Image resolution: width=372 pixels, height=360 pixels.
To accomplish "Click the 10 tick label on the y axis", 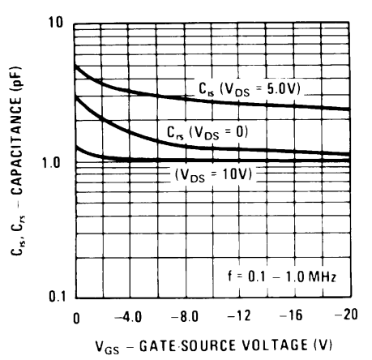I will (54, 23).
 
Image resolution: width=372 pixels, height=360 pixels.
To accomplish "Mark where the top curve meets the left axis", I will (75, 65).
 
